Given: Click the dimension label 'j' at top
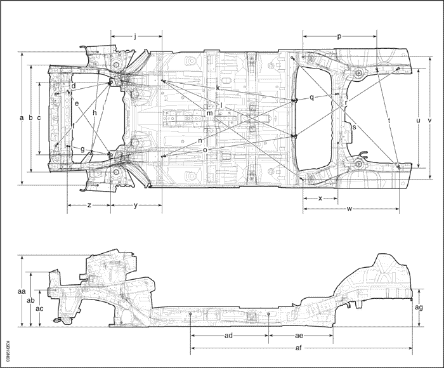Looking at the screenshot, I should click(136, 37).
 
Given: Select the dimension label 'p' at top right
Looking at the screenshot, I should click(339, 37).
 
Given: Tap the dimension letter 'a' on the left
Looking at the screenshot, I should click(22, 119).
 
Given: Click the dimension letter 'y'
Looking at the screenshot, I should click(136, 205).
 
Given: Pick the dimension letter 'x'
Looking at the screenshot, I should click(320, 198).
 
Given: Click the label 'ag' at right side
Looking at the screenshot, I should click(419, 307).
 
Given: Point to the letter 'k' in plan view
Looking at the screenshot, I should click(218, 88).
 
